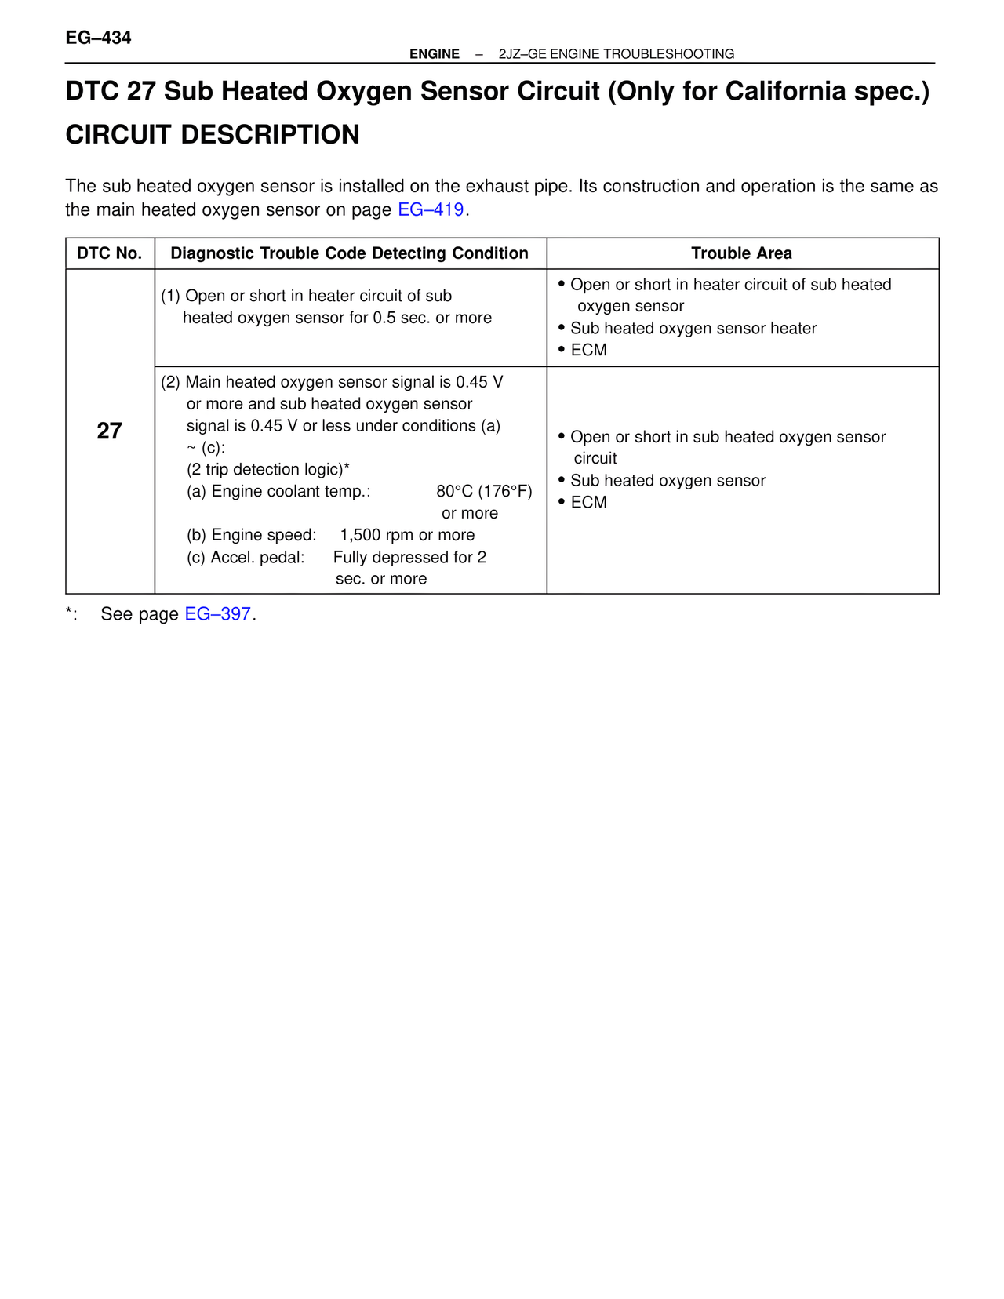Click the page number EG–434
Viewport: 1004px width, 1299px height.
point(98,38)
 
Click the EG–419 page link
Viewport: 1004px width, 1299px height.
point(431,210)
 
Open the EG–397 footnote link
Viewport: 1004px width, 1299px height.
point(217,614)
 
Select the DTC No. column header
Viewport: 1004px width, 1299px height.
point(110,253)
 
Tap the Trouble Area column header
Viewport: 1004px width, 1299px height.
point(741,253)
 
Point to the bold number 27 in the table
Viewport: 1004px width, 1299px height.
point(110,431)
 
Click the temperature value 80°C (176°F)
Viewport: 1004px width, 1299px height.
point(484,492)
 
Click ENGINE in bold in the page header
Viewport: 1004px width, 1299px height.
point(435,54)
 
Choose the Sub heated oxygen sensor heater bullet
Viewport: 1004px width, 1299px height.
point(693,329)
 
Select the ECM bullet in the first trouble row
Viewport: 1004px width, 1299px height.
point(588,350)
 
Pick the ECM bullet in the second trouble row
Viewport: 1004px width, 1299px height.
point(588,502)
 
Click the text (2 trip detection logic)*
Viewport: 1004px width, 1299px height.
point(267,469)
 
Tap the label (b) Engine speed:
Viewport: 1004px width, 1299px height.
point(251,535)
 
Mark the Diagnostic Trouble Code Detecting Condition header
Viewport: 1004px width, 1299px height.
point(349,253)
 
